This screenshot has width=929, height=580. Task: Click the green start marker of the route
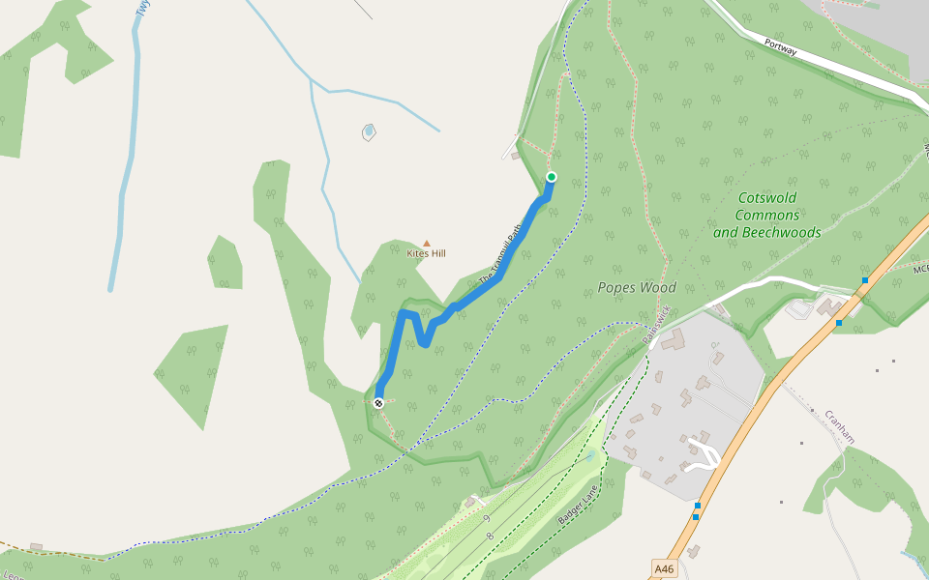point(552,177)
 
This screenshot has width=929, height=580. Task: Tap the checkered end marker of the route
point(378,403)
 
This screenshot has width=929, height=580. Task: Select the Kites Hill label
point(426,253)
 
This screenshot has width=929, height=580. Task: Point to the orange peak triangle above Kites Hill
point(426,244)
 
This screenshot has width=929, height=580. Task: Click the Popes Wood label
point(636,287)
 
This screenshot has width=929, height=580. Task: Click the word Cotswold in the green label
point(767,199)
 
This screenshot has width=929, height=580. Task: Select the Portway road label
point(780,45)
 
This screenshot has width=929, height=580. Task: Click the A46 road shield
point(664,569)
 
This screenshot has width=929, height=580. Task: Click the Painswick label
point(658,326)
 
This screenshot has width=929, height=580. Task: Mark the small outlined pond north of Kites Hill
point(368,131)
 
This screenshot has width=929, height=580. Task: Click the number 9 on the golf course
point(485,519)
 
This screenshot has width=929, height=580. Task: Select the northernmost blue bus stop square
point(865,280)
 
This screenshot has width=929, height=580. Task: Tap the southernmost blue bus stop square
point(696,517)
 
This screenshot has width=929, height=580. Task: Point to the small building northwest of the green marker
point(516,155)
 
